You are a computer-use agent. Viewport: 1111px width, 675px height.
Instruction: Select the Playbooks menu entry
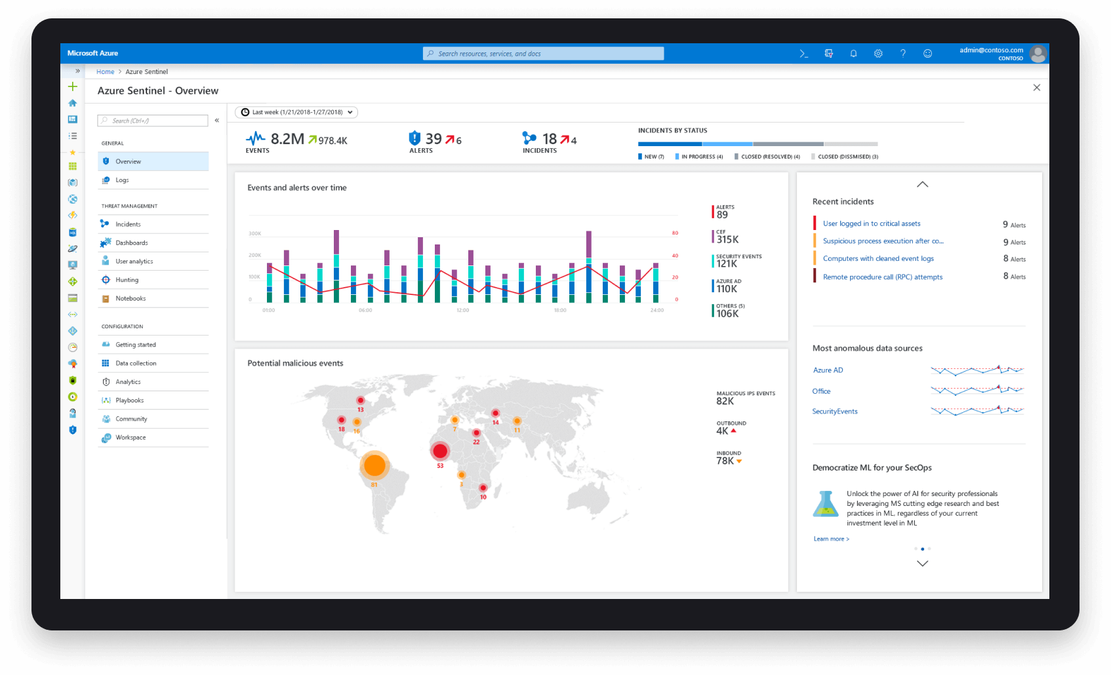(x=129, y=400)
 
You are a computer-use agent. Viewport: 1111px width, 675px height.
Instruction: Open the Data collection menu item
(x=136, y=363)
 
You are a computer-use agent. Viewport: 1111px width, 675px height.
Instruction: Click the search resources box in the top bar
(x=543, y=54)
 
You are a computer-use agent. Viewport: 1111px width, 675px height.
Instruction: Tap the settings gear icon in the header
(x=878, y=54)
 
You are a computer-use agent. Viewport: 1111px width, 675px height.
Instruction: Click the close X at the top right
(x=1037, y=88)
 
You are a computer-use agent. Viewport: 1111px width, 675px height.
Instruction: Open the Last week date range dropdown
(x=296, y=112)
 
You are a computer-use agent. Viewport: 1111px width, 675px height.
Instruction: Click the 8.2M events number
(x=287, y=139)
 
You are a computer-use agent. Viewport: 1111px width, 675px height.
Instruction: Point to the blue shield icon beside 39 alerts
(x=414, y=138)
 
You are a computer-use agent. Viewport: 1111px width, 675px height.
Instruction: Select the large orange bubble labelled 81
(x=374, y=465)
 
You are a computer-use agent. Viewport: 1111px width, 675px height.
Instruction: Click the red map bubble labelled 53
(x=440, y=451)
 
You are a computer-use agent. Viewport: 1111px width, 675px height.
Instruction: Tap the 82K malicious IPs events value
(x=725, y=401)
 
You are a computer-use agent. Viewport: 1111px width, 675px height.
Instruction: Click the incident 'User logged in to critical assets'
(x=872, y=223)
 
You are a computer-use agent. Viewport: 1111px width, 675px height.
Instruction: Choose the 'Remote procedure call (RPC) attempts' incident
(x=882, y=277)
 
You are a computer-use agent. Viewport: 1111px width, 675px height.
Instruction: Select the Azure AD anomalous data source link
(x=828, y=370)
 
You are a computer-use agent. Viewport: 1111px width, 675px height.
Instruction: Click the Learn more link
(x=831, y=539)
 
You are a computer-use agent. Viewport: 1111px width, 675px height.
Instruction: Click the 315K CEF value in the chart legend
(x=727, y=239)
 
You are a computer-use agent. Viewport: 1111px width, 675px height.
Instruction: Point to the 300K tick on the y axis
(x=255, y=233)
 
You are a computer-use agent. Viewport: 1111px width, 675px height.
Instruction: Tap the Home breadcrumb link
(x=105, y=72)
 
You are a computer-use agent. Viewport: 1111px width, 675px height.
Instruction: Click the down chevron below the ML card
(x=922, y=564)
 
